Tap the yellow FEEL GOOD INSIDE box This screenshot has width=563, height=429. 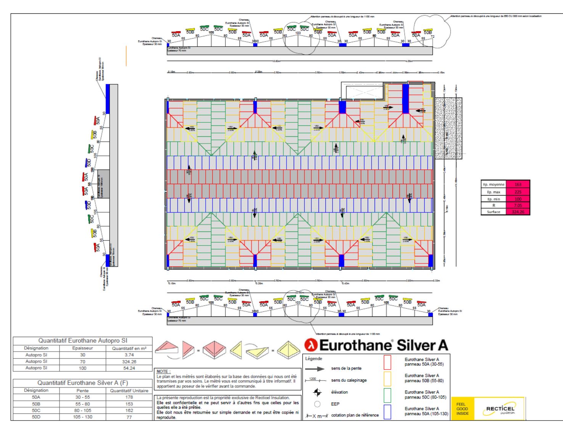point(462,409)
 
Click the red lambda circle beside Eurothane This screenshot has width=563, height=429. point(311,345)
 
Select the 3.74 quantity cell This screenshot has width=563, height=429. point(129,355)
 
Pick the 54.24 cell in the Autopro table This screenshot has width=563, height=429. point(129,368)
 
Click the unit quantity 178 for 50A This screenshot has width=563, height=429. point(129,397)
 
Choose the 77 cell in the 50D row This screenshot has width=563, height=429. point(129,417)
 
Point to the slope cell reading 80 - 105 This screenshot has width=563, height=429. point(82,411)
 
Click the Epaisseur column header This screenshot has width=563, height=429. point(82,348)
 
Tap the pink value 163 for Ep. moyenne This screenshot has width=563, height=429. point(518,185)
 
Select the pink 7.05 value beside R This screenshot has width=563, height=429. point(518,205)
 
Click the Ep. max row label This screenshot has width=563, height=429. point(494,192)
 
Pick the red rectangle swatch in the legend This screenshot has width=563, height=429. point(387,362)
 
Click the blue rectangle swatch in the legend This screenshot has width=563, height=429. point(387,412)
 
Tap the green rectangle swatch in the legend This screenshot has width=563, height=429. point(387,395)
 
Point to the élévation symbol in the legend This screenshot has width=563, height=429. point(317,392)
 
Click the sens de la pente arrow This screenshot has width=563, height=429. point(315,369)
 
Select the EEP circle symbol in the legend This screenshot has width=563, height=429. point(317,404)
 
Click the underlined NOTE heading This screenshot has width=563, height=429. point(164,371)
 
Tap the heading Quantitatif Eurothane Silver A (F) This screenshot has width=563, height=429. point(82,383)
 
